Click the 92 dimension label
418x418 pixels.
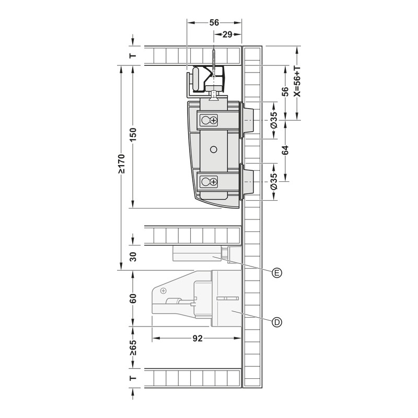click(198, 338)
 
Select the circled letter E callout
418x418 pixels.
click(277, 273)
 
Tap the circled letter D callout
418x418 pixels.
click(277, 322)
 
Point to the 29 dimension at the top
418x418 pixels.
click(227, 34)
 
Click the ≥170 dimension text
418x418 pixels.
click(121, 164)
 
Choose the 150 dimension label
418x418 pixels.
click(134, 135)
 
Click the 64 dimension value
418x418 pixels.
click(285, 150)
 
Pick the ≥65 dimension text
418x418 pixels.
click(134, 347)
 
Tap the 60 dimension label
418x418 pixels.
click(134, 298)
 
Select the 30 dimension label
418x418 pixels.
click(134, 257)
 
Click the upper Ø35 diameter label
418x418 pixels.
click(274, 120)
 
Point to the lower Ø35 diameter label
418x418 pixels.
click(274, 181)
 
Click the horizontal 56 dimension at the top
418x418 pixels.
click(214, 22)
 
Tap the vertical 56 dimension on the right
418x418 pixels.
click(285, 92)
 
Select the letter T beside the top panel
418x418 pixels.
click(133, 56)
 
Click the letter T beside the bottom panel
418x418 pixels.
click(133, 378)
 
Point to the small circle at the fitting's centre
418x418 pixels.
click(214, 149)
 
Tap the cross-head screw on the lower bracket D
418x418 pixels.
click(163, 291)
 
